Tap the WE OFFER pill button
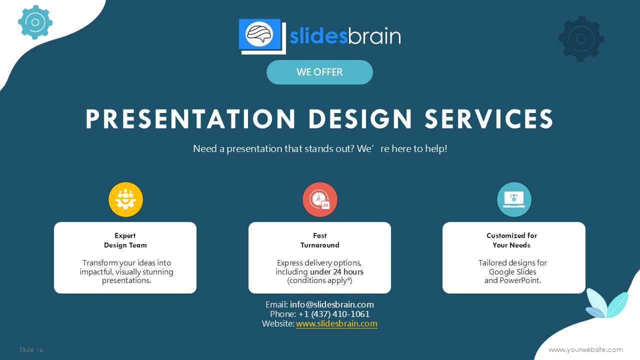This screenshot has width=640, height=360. click(319, 72)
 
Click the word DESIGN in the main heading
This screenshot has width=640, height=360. click(360, 119)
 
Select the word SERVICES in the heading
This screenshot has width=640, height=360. click(489, 119)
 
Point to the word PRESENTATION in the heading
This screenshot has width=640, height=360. click(190, 119)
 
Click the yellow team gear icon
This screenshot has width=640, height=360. click(125, 199)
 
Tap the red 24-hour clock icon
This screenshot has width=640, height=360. click(320, 199)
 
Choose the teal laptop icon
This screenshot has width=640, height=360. click(514, 199)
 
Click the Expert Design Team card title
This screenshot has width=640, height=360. click(125, 240)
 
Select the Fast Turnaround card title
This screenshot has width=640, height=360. click(319, 240)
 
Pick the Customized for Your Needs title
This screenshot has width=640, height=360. click(511, 240)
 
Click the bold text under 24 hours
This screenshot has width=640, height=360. click(336, 271)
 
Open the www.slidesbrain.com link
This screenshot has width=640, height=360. click(336, 323)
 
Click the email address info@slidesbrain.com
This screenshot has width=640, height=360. click(331, 304)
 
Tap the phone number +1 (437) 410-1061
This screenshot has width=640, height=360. click(334, 314)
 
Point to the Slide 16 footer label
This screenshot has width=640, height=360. click(31, 349)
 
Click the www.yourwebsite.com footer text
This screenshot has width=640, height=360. click(585, 349)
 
